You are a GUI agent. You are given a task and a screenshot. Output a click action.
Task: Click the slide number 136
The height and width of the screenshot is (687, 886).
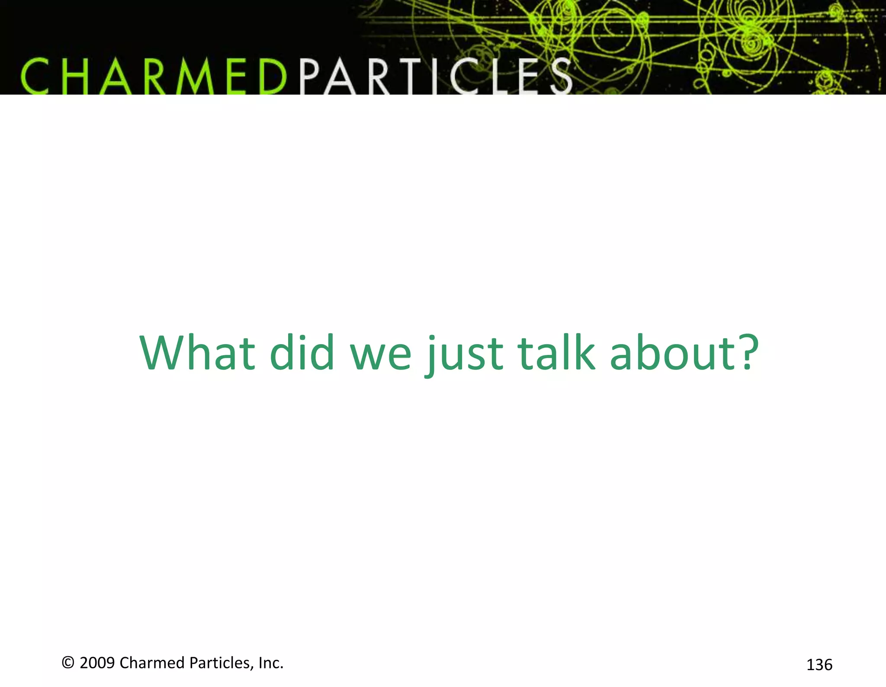tap(819, 664)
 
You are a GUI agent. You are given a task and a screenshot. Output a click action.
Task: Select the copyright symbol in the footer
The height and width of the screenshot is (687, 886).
tap(68, 663)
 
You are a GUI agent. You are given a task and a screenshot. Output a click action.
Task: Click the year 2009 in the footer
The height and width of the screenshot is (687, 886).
tap(97, 663)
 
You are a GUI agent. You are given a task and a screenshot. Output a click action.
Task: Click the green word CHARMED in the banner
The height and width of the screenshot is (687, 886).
tap(154, 77)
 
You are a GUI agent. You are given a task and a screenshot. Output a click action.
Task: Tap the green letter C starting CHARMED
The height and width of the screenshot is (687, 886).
tap(35, 77)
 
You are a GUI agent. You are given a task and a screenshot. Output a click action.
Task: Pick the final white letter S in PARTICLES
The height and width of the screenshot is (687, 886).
tap(561, 77)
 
